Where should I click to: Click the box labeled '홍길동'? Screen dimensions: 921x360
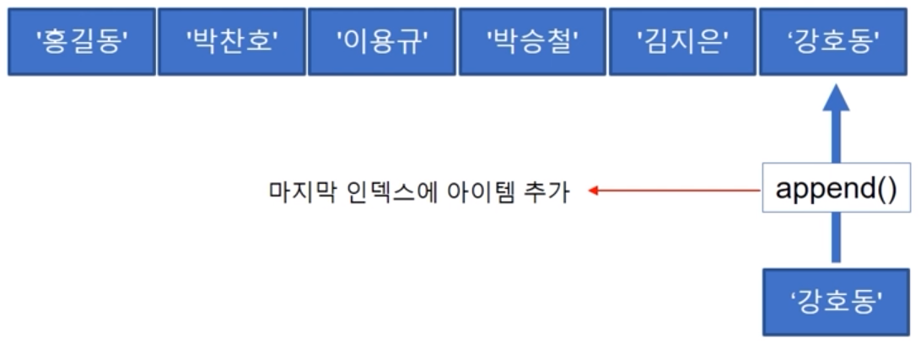pyautogui.click(x=82, y=42)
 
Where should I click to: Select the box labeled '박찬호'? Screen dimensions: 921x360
pyautogui.click(x=231, y=42)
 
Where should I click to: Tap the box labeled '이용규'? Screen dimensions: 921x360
pyautogui.click(x=381, y=42)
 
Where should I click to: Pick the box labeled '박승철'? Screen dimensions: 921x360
pyautogui.click(x=531, y=42)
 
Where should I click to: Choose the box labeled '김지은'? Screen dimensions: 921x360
pyautogui.click(x=682, y=42)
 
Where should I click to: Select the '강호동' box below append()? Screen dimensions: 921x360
pyautogui.click(x=836, y=302)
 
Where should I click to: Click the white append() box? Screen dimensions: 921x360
pyautogui.click(x=836, y=188)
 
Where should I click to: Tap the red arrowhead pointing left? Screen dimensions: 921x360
pyautogui.click(x=593, y=191)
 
